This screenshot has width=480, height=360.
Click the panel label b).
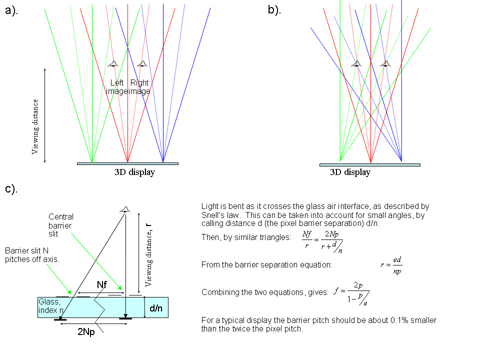point(274,10)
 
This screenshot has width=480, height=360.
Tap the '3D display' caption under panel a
point(134,172)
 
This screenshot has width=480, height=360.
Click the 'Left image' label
point(116,86)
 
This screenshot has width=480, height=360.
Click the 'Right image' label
point(139,86)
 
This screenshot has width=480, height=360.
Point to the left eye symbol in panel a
point(113,63)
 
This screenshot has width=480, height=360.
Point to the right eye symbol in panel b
point(385,63)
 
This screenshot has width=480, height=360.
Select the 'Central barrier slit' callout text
point(61,225)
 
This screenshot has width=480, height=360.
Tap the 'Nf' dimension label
point(102,284)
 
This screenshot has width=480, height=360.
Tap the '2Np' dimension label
point(85,331)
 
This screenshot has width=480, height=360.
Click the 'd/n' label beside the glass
point(155,308)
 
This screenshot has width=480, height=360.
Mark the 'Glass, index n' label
point(50,306)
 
